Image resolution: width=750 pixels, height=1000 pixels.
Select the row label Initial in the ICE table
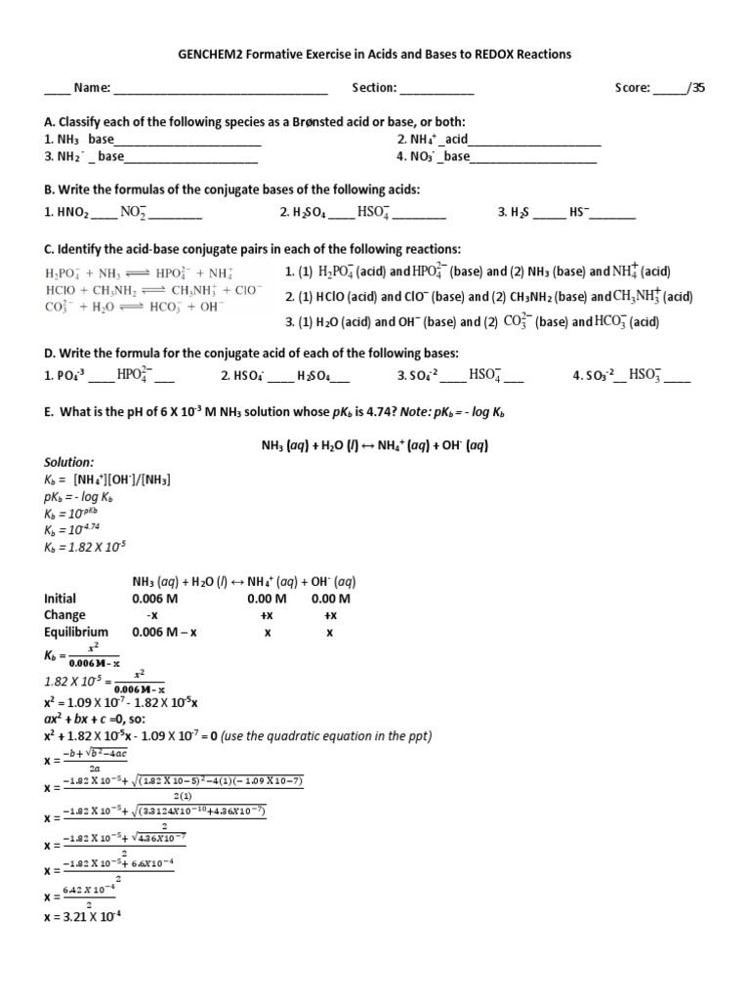click(x=60, y=599)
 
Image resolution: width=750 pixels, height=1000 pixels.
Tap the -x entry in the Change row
click(x=151, y=615)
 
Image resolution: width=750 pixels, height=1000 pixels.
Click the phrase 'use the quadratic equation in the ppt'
click(x=325, y=735)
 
